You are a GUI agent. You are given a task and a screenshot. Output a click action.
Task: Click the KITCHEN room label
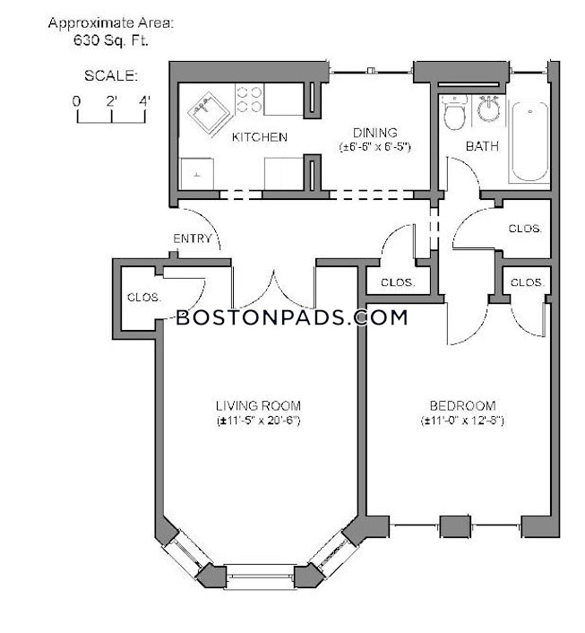pyautogui.click(x=259, y=137)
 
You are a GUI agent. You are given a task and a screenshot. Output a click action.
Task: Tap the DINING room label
pyautogui.click(x=374, y=133)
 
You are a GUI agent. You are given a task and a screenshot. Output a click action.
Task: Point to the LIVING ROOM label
pyautogui.click(x=257, y=404)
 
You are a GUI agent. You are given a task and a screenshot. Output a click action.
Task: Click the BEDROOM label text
pyautogui.click(x=462, y=405)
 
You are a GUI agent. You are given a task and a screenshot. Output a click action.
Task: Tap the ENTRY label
pyautogui.click(x=193, y=238)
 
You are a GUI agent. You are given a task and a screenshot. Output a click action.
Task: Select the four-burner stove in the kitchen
pyautogui.click(x=249, y=100)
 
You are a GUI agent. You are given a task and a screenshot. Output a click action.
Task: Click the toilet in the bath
pyautogui.click(x=454, y=115)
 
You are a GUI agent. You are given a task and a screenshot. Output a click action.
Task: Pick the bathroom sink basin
pyautogui.click(x=488, y=109)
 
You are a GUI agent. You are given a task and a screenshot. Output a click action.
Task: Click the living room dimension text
pyautogui.click(x=257, y=420)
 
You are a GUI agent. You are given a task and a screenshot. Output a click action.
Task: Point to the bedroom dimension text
pyautogui.click(x=462, y=420)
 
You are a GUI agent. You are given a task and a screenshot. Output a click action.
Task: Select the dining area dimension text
pyautogui.click(x=374, y=146)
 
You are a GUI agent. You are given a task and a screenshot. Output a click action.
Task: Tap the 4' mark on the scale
pyautogui.click(x=144, y=100)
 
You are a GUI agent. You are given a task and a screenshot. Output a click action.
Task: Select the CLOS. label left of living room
pyautogui.click(x=143, y=297)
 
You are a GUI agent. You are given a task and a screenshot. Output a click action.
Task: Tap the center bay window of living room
pyautogui.click(x=259, y=575)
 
